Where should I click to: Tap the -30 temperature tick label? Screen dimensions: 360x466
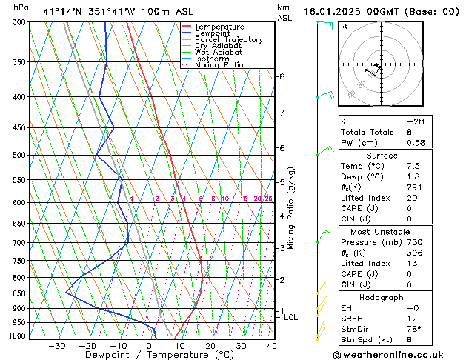[56, 345]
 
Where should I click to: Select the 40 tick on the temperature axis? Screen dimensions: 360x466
[272, 345]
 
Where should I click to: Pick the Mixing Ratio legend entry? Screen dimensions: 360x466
[219, 65]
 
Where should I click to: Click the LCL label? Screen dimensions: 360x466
[291, 317]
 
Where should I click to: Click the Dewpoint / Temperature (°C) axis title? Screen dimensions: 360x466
[149, 355]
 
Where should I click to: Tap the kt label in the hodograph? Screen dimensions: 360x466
[344, 27]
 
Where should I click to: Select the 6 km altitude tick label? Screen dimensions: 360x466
[282, 148]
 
